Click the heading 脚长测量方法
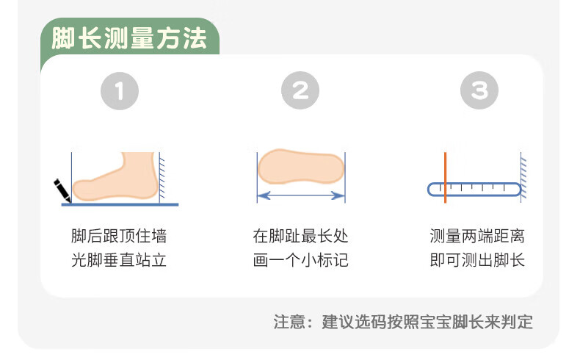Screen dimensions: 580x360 click(129, 38)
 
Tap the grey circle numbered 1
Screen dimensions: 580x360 click(120, 90)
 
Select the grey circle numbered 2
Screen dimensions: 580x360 click(300, 90)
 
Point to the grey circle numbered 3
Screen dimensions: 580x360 click(479, 90)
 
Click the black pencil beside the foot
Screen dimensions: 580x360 click(62, 191)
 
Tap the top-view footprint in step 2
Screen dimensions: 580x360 click(301, 167)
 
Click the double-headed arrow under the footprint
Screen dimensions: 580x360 click(301, 195)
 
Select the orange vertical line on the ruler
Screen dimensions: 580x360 click(445, 178)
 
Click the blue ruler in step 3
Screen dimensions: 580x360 click(474, 189)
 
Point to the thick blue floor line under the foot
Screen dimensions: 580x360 click(120, 204)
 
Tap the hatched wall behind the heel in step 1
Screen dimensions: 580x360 click(162, 178)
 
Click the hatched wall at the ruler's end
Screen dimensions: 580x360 click(523, 178)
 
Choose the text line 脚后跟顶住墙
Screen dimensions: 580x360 click(119, 236)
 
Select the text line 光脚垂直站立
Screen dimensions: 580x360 click(119, 260)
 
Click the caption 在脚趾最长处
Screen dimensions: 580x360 click(301, 236)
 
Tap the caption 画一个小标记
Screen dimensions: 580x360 click(301, 260)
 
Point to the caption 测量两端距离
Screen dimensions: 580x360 click(477, 236)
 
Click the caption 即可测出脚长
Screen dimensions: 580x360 click(477, 260)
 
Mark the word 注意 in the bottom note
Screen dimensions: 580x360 click(289, 322)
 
